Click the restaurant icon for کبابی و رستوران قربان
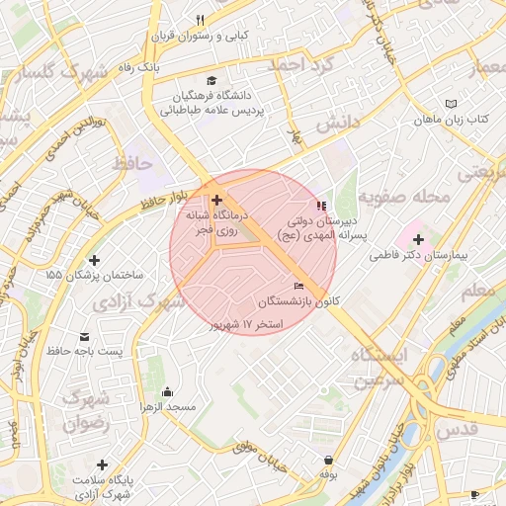[x=200, y=20]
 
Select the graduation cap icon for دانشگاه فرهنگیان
[x=211, y=80]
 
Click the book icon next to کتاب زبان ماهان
[x=452, y=104]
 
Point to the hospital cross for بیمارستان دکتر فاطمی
[x=418, y=239]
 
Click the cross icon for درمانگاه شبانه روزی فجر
[x=216, y=200]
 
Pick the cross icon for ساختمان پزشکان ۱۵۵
[x=95, y=259]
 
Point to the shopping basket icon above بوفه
[x=327, y=460]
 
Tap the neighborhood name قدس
[x=456, y=426]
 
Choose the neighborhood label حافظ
[x=131, y=160]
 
